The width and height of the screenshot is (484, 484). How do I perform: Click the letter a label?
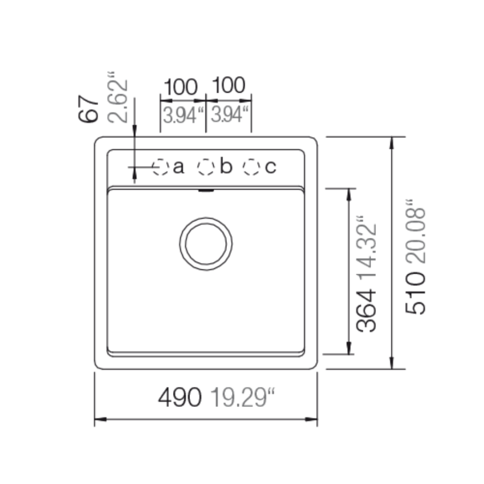(x=178, y=167)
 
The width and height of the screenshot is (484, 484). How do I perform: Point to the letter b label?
(x=226, y=166)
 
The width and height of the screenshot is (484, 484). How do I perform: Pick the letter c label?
(x=270, y=167)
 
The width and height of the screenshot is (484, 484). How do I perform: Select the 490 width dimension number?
(x=179, y=397)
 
